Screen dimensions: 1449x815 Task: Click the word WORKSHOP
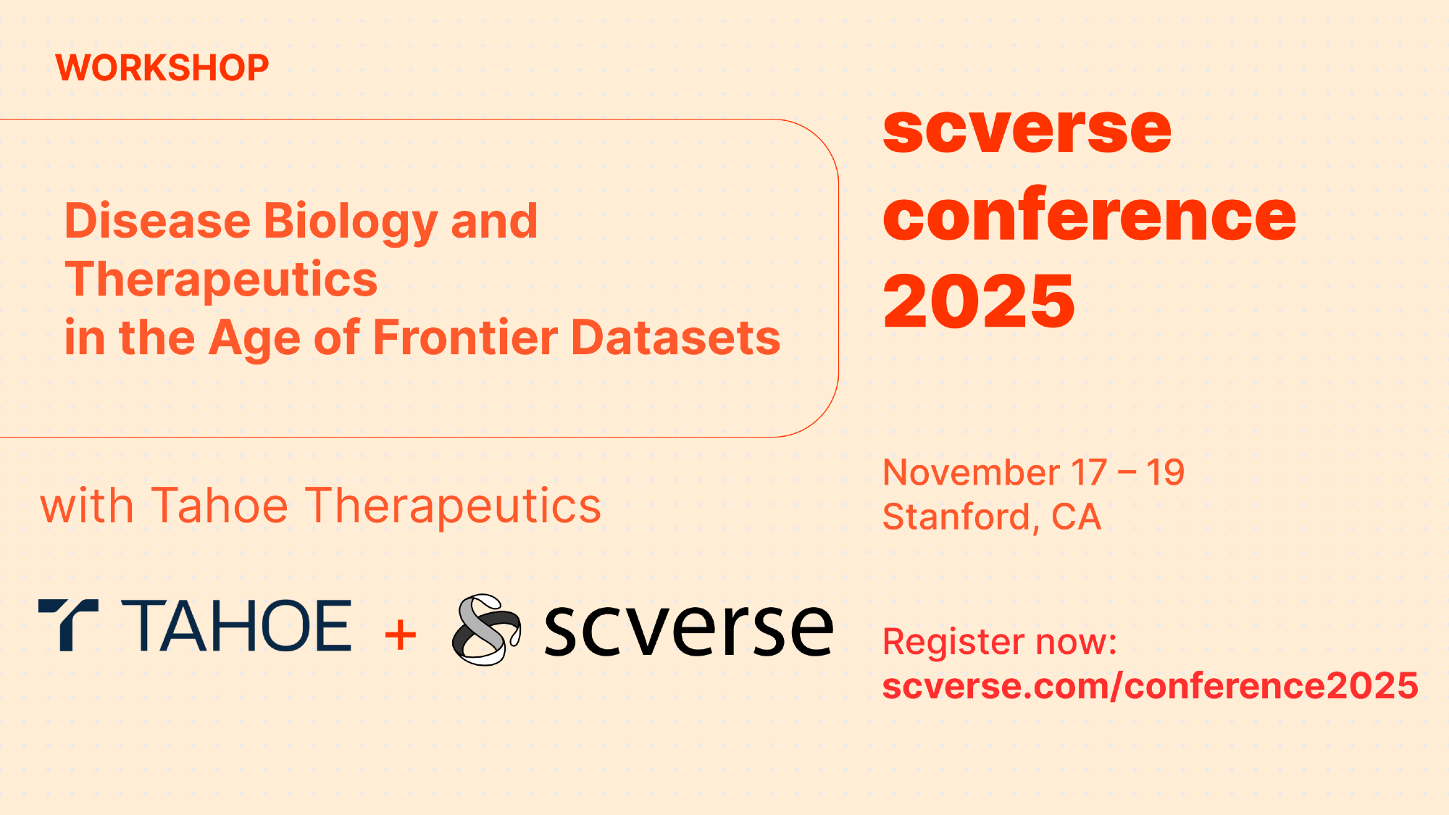162,68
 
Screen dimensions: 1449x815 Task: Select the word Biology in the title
350,222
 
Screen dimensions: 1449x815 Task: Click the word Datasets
676,338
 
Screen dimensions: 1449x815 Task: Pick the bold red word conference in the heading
1090,215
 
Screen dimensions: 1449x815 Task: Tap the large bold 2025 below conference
979,301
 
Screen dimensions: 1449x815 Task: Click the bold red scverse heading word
1027,130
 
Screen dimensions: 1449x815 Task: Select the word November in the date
971,472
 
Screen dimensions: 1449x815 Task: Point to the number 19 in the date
1165,472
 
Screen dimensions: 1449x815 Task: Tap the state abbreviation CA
1076,517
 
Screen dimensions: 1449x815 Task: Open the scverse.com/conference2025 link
1151,685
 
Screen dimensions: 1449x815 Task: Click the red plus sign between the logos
401,635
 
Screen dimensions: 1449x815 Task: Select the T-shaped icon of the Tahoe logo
68,625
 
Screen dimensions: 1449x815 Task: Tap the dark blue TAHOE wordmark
236,626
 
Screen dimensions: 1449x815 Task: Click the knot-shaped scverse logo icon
486,630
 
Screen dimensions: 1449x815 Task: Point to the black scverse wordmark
689,630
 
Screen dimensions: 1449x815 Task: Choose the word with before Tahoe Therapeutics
87,506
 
